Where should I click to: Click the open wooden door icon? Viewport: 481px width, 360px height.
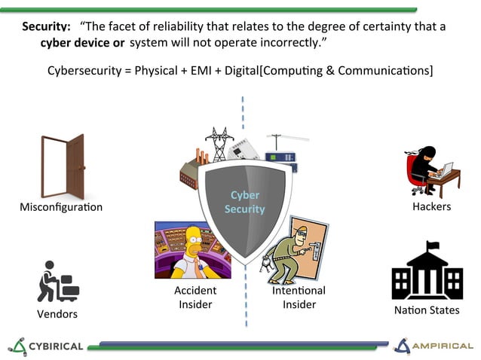point(63,166)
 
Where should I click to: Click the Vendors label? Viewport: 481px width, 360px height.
point(57,313)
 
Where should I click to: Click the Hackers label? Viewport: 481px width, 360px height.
point(432,206)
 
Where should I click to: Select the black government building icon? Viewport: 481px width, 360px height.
point(427,272)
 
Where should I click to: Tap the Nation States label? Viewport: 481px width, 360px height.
point(427,310)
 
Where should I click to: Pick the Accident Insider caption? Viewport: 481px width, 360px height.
point(195,297)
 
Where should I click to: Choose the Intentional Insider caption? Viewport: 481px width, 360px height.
point(299,297)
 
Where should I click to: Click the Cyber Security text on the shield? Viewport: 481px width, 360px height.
point(244,202)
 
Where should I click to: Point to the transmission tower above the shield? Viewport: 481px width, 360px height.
point(219,143)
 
